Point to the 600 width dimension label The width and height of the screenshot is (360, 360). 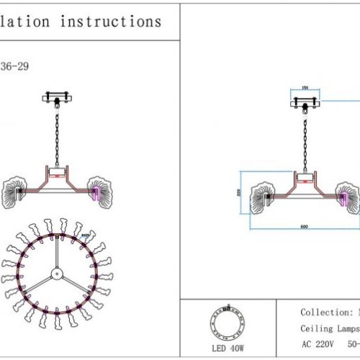tap(305, 228)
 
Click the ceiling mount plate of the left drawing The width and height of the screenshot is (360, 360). tap(58, 96)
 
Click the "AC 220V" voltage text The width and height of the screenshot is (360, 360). tap(317, 345)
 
